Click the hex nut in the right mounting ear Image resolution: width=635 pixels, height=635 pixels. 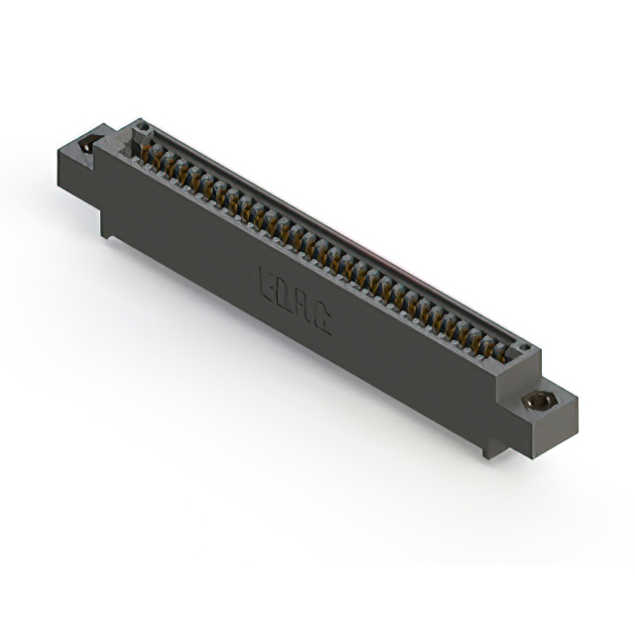pyautogui.click(x=539, y=401)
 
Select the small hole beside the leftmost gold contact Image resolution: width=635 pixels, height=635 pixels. pyautogui.click(x=141, y=126)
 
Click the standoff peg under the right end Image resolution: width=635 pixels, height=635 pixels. pyautogui.click(x=486, y=448)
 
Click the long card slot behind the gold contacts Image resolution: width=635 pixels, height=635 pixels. pyautogui.click(x=337, y=238)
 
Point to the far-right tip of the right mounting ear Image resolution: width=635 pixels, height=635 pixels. pyautogui.click(x=577, y=399)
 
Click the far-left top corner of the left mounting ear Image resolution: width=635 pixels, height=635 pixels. pyautogui.click(x=60, y=149)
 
